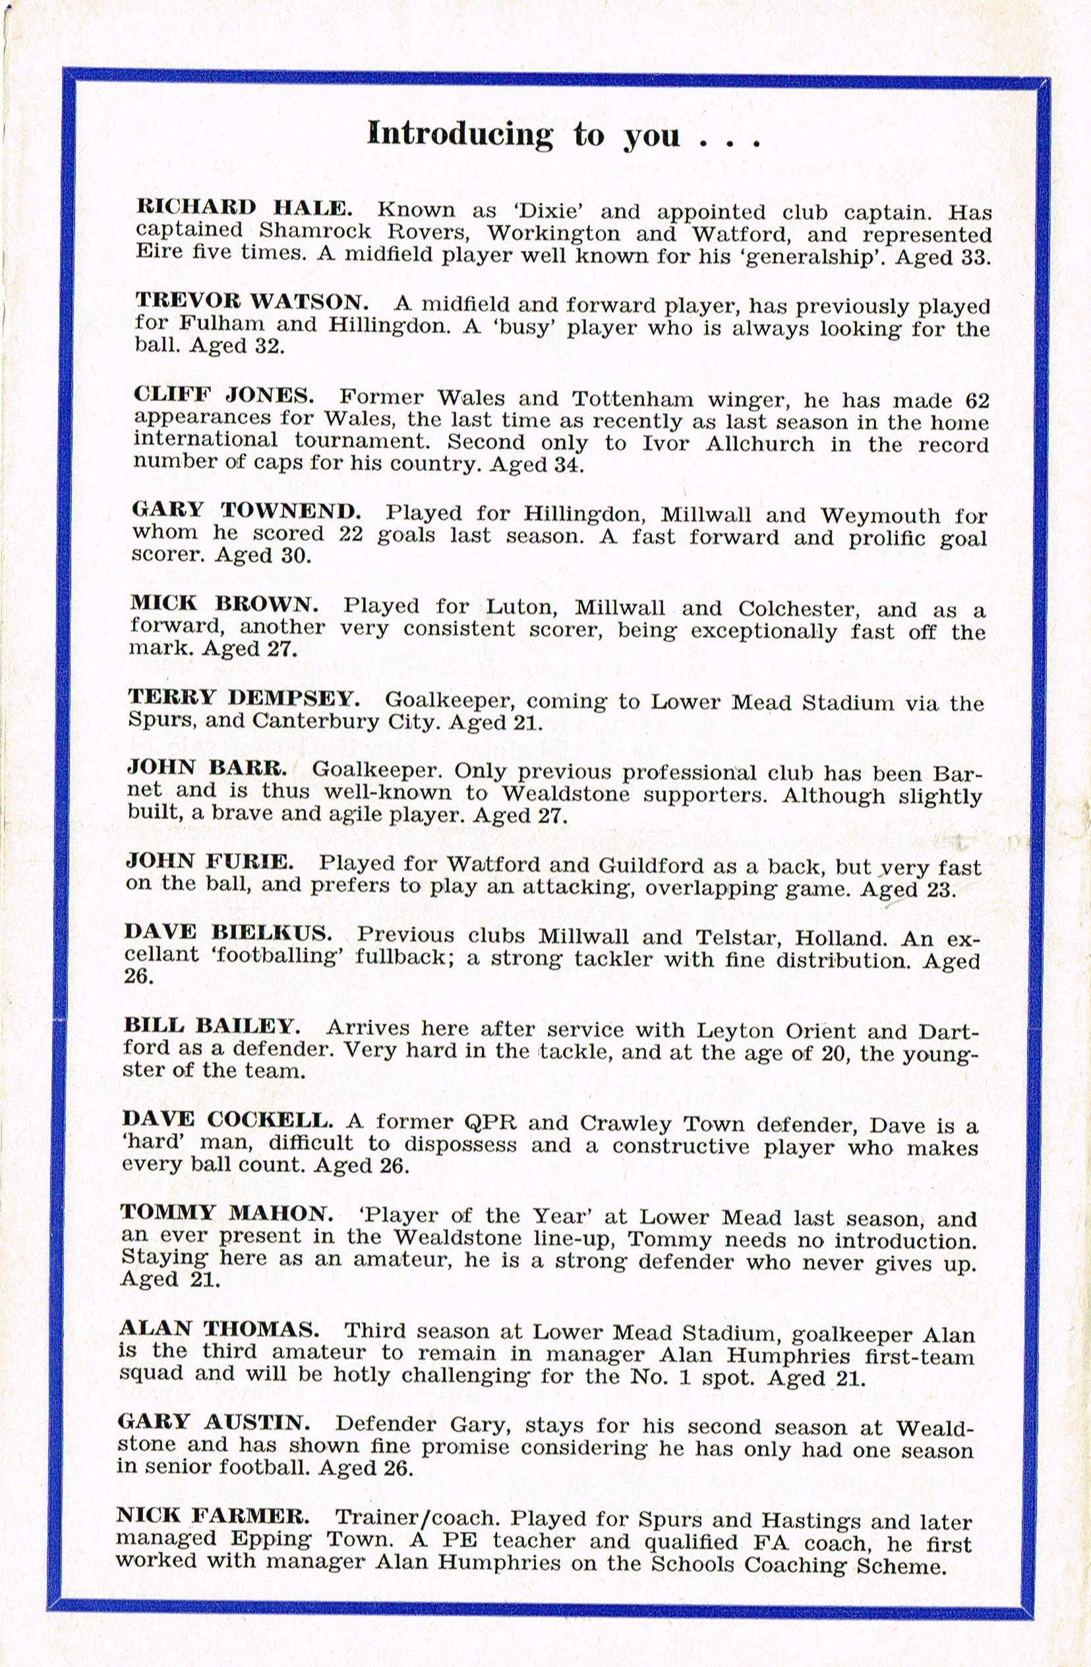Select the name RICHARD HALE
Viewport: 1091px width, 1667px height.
click(243, 208)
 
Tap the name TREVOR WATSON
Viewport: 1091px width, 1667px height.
click(251, 301)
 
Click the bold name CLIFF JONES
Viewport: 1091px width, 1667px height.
click(223, 395)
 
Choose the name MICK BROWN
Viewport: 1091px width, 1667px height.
click(223, 604)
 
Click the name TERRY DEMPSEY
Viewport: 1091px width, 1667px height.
click(244, 698)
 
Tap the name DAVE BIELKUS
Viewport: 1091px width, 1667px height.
click(227, 933)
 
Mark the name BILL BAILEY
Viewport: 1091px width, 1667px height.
click(212, 1027)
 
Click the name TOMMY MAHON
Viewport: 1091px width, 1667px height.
click(226, 1213)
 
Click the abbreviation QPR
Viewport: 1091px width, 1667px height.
click(490, 1122)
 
